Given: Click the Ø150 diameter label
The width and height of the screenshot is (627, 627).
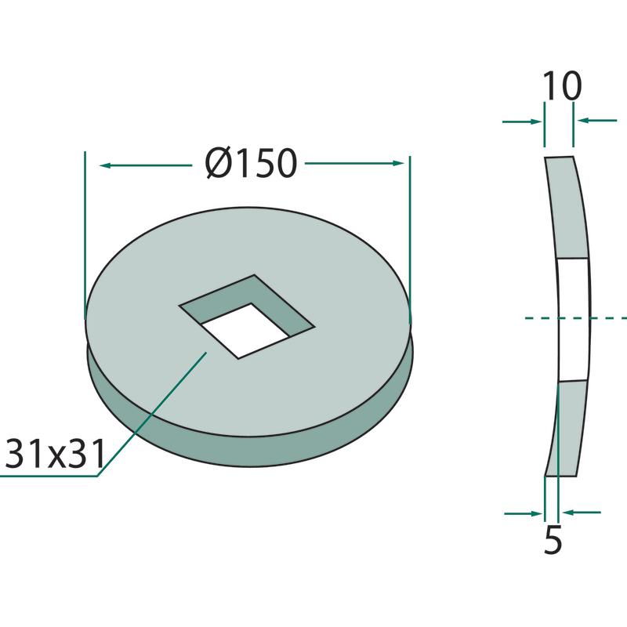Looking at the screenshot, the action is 252,163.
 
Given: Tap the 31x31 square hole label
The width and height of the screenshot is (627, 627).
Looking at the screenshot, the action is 55,454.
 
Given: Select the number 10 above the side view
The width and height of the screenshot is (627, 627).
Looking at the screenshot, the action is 562,86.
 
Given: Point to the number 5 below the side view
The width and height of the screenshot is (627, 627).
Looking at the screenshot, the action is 553,539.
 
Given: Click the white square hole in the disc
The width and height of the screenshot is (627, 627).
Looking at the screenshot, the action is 244,331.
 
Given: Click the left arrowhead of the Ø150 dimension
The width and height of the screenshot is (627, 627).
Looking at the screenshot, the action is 105,165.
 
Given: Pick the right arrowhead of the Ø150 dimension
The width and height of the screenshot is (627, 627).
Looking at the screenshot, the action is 398,163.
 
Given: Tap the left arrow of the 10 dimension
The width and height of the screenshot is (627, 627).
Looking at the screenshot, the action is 522,121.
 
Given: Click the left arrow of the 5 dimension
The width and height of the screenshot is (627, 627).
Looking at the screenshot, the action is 524,513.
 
